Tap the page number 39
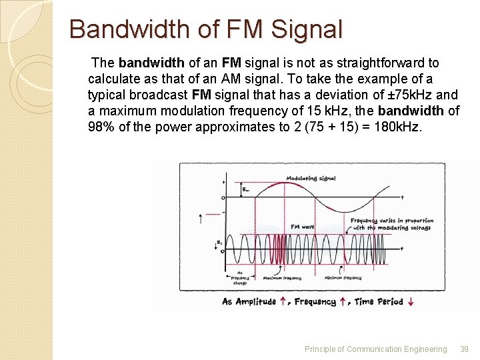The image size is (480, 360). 465,349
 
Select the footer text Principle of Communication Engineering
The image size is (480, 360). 375,349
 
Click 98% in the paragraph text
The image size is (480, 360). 101,127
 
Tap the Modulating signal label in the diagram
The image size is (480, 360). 311,178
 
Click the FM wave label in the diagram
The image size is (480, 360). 303,227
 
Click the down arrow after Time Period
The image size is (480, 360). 411,302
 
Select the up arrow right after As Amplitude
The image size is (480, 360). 283,302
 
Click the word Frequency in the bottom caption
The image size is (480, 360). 315,302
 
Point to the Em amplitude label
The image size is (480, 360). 246,189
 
